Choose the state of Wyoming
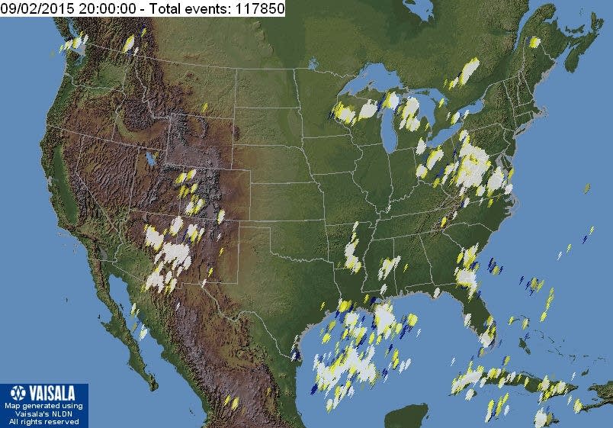tap(202, 141)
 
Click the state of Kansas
tap(286, 202)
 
